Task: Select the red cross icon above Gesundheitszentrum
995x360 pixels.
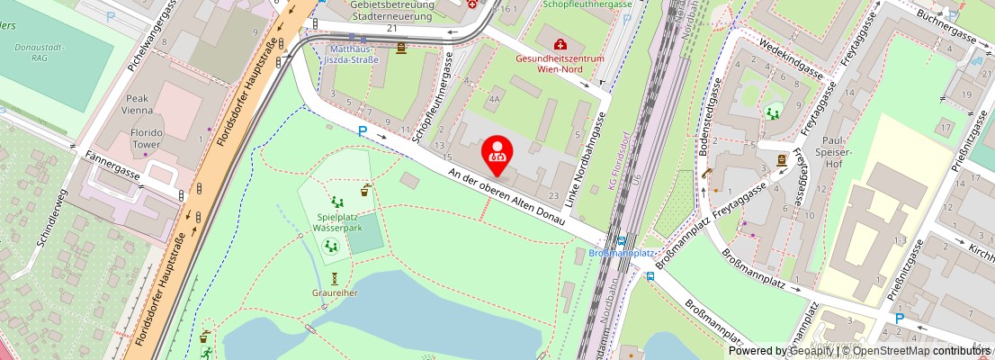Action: pyautogui.click(x=560, y=43)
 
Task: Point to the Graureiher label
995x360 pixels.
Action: pyautogui.click(x=335, y=292)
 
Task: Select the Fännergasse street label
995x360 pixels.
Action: pyautogui.click(x=113, y=166)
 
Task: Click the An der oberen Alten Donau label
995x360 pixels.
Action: pyautogui.click(x=506, y=196)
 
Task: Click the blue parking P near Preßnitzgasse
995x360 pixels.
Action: pyautogui.click(x=899, y=319)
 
